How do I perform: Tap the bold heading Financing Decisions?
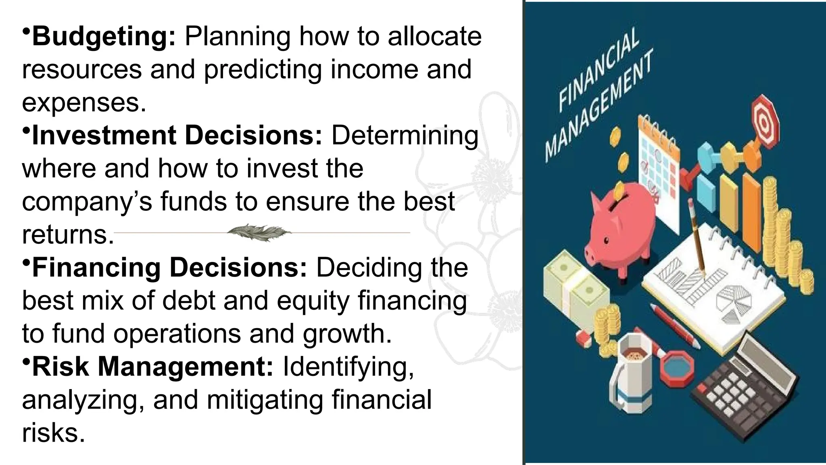point(169,268)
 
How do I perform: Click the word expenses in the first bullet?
point(84,103)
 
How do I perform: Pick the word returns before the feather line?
point(68,235)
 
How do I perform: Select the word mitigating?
point(265,400)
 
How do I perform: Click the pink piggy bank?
point(621,230)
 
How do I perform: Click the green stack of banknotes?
point(575,283)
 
